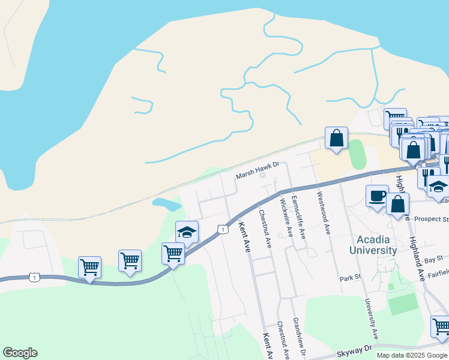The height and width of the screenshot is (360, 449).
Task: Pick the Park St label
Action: [x=349, y=278]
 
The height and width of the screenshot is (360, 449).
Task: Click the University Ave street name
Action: [x=372, y=319]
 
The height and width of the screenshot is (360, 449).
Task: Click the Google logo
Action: [x=20, y=353]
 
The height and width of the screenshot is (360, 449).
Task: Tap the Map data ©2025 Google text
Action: [x=411, y=355]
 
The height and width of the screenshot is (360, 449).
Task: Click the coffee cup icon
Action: [x=378, y=197]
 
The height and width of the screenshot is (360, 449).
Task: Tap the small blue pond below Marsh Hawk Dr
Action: [x=166, y=204]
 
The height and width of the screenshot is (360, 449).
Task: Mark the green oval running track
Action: [x=357, y=154]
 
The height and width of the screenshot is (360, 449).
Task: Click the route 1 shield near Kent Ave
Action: [x=223, y=230]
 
